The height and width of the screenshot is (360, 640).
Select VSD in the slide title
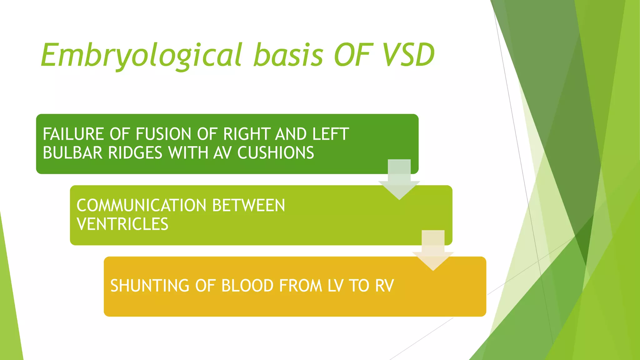pyautogui.click(x=409, y=56)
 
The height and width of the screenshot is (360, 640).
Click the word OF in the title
pyautogui.click(x=353, y=56)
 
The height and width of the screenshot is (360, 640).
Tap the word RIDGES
pyautogui.click(x=135, y=153)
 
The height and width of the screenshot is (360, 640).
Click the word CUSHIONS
pyautogui.click(x=276, y=153)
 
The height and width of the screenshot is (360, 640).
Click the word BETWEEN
pyautogui.click(x=248, y=206)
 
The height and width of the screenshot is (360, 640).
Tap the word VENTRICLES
pyautogui.click(x=122, y=224)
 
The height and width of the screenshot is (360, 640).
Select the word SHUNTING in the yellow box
pyautogui.click(x=150, y=286)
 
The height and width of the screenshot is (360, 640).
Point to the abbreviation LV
pyautogui.click(x=335, y=286)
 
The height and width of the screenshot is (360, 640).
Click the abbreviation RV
pyautogui.click(x=384, y=286)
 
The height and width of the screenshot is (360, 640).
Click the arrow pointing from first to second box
pyautogui.click(x=399, y=181)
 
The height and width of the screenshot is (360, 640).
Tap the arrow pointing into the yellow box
pyautogui.click(x=433, y=252)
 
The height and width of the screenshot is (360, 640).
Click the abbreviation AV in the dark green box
pyautogui.click(x=222, y=153)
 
